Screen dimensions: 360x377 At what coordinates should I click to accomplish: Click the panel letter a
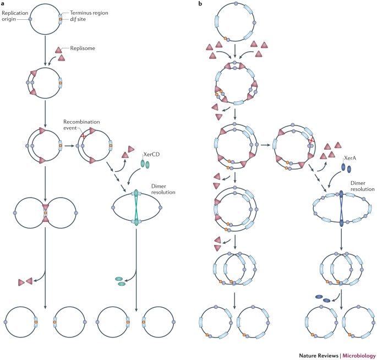click(x=4, y=5)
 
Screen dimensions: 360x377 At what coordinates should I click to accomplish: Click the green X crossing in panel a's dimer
click(x=135, y=208)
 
